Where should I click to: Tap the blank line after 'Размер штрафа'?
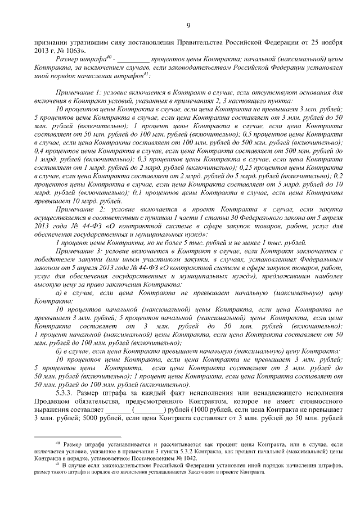133,60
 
